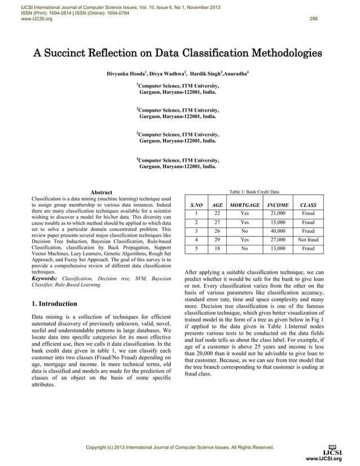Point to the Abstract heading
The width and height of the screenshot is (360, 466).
(102, 193)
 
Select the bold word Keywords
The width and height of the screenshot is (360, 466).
(45, 279)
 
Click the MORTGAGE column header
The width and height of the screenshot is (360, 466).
(245, 205)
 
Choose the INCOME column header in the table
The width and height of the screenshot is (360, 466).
(278, 205)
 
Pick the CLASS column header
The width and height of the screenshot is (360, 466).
(308, 205)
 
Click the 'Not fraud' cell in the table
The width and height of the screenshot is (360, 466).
(308, 240)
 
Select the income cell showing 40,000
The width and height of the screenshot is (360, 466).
(278, 231)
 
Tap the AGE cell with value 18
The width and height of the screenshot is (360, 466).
(217, 248)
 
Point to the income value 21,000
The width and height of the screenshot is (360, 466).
(278, 214)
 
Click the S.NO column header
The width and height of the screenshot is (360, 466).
(196, 205)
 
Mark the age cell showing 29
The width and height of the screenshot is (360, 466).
(217, 240)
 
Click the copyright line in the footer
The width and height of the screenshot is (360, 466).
(179, 448)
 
